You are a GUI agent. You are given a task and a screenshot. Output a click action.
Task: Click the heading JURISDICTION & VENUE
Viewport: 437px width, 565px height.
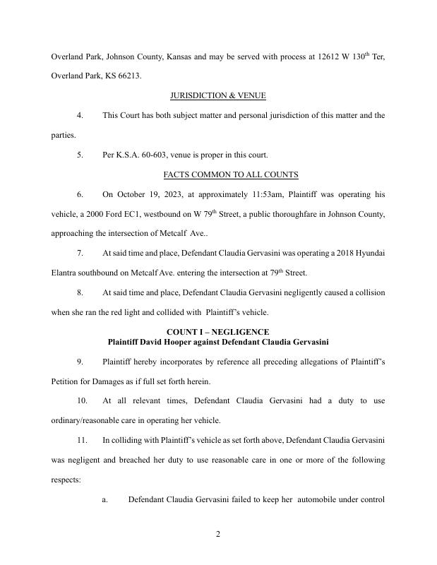[x=218, y=95]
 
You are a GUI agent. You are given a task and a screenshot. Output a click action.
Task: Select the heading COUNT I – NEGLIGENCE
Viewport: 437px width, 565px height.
[x=218, y=332]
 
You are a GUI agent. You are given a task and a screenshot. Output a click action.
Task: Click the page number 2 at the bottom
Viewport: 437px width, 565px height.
[x=218, y=534]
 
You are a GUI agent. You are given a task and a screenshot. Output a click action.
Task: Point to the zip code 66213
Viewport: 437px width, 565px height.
[x=127, y=76]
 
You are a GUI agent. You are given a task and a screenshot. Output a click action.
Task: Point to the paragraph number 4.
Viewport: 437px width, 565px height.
[x=80, y=115]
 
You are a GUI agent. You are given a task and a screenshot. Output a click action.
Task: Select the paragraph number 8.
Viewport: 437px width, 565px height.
[x=80, y=292]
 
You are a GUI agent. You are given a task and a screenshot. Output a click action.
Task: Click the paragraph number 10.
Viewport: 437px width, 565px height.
[x=83, y=400]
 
